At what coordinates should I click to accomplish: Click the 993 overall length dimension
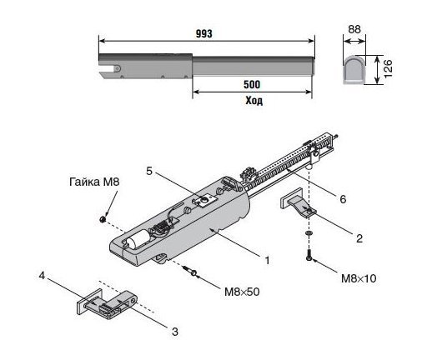pos(204,33)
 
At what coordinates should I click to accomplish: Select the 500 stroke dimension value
pos(252,84)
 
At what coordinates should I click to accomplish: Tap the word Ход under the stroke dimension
pos(254,101)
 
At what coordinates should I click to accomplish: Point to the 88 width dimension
pos(354,29)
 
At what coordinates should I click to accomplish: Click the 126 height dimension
pos(388,68)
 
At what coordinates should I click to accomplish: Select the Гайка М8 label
pos(94,182)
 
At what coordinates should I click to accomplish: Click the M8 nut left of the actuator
pos(103,219)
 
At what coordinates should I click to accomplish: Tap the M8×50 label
pos(242,292)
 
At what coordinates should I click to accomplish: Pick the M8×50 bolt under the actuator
pos(190,271)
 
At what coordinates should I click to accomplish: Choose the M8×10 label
pos(359,278)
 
